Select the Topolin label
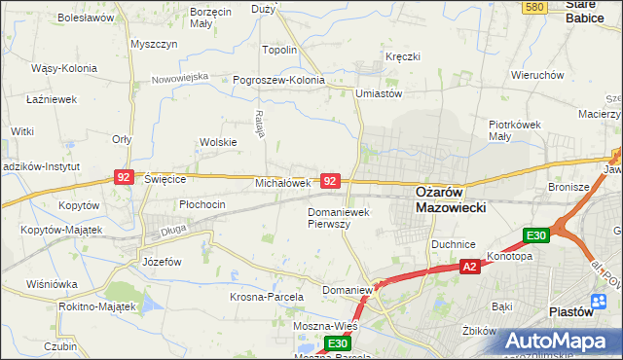coord(279,50)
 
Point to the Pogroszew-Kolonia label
coord(277,80)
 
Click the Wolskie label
coord(218,142)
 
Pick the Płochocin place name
coord(202,204)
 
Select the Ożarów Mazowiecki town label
coord(451,199)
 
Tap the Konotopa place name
coord(509,257)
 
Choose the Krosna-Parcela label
coord(267,296)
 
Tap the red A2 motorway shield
coord(468,267)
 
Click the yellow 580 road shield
coord(533,7)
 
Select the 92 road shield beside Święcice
coord(124,176)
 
